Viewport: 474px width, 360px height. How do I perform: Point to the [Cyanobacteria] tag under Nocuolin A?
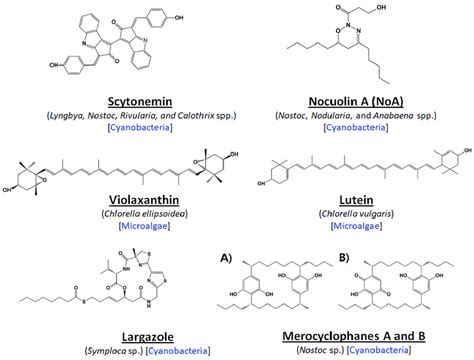(x=354, y=131)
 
